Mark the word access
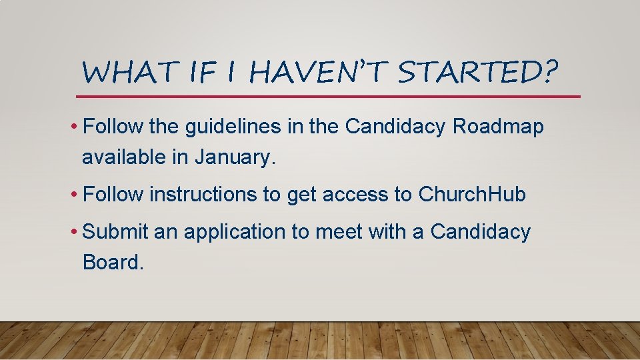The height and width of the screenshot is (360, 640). click(x=358, y=195)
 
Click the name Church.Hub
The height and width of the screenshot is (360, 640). click(x=472, y=195)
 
